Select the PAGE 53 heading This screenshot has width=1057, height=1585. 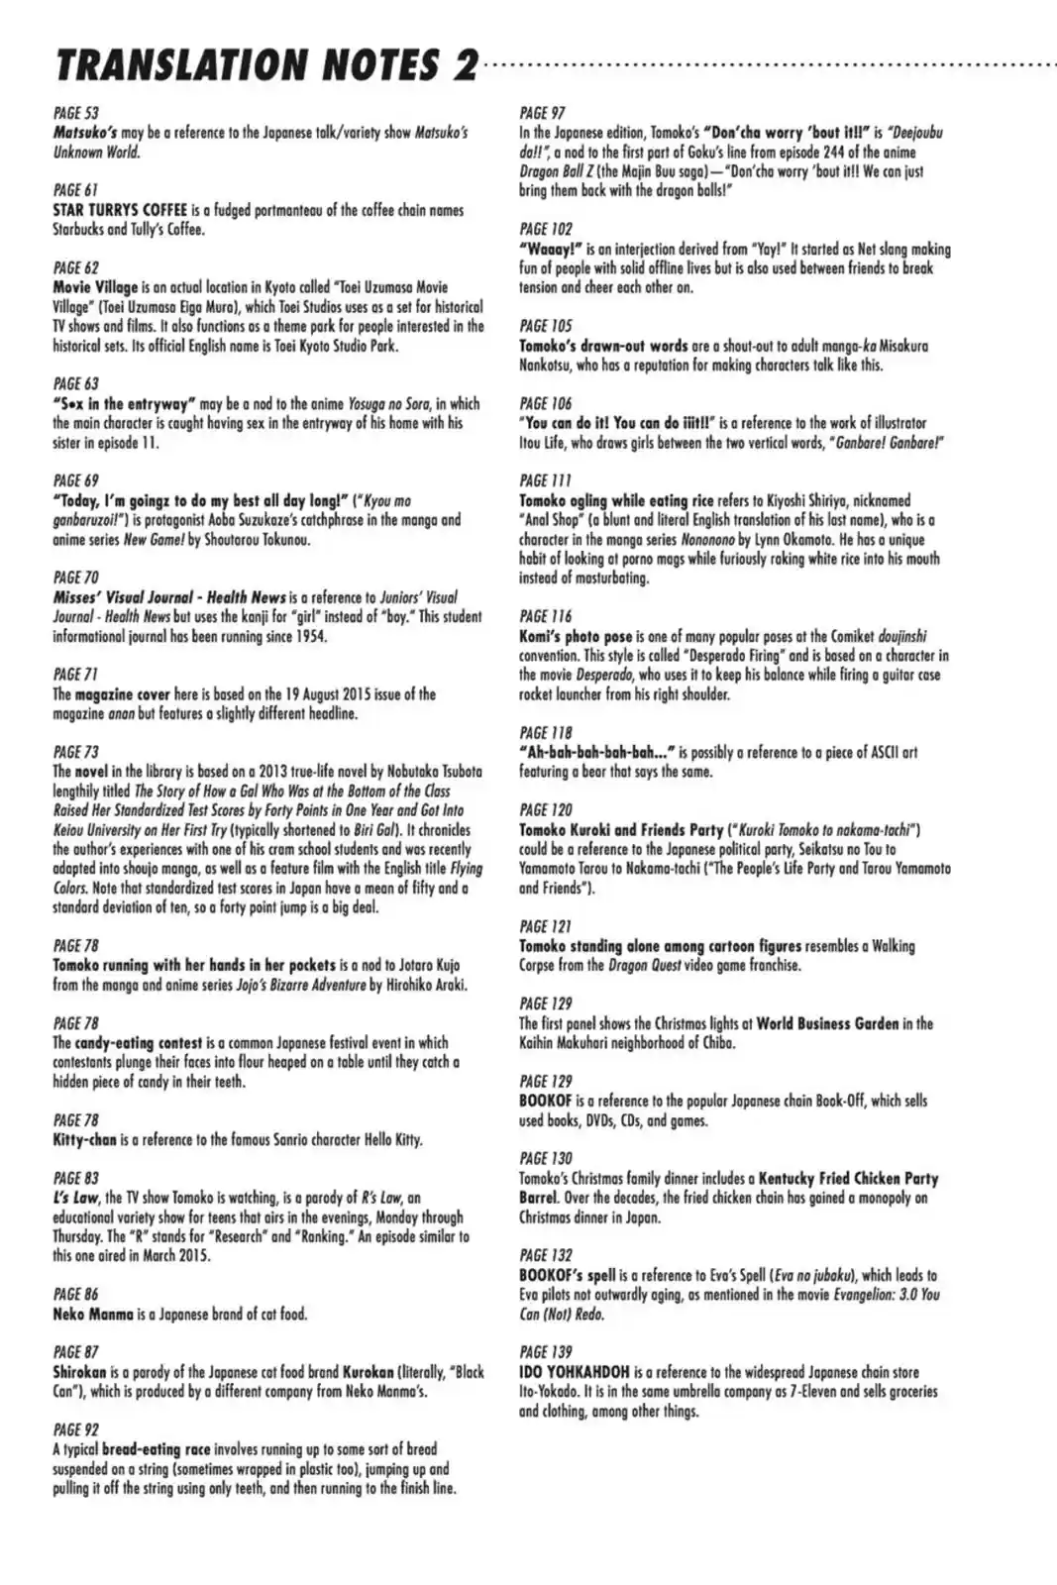pyautogui.click(x=75, y=113)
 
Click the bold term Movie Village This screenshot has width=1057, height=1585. pyautogui.click(x=95, y=287)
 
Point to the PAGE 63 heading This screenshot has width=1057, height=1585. pyautogui.click(x=75, y=383)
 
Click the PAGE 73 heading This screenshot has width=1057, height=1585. pyautogui.click(x=75, y=752)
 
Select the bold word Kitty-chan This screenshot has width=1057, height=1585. pyautogui.click(x=84, y=1140)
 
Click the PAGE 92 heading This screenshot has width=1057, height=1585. pyautogui.click(x=75, y=1429)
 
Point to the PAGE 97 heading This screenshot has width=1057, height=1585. pyautogui.click(x=543, y=113)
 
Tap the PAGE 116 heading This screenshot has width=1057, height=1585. pyautogui.click(x=546, y=616)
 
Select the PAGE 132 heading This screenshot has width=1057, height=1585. pyautogui.click(x=546, y=1255)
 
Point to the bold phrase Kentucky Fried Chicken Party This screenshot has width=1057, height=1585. pyautogui.click(x=848, y=1178)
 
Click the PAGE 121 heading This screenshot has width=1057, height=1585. pyautogui.click(x=545, y=926)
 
